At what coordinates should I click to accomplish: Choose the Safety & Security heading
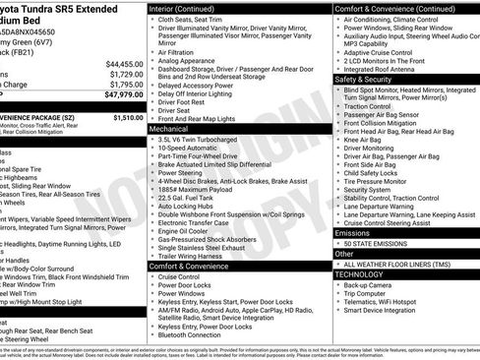(363, 78)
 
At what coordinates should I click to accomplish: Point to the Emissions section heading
(354, 232)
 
